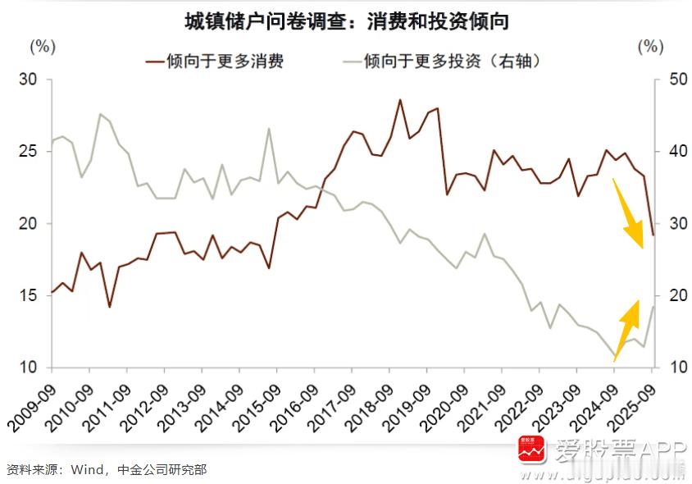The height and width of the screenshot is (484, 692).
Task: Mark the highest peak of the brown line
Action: click(400, 100)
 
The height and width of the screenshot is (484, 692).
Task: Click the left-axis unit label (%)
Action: click(42, 46)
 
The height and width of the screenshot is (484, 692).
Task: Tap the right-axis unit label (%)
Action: click(650, 46)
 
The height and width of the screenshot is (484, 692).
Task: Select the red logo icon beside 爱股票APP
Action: click(531, 450)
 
